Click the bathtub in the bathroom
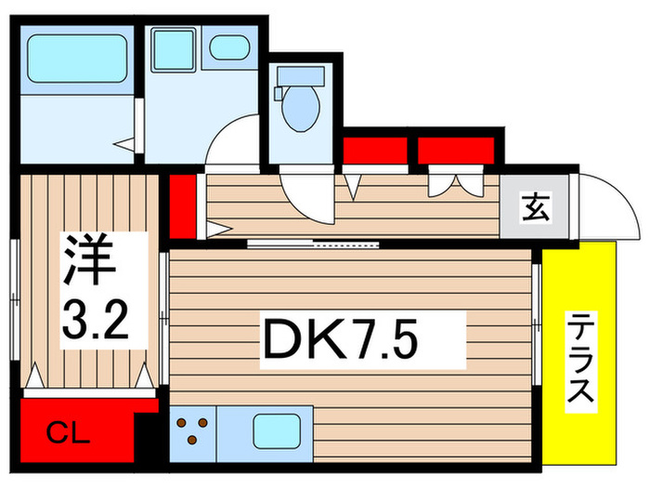pos(76,57)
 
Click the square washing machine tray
pos(173,47)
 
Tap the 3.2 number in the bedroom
pos(96,319)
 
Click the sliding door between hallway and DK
pos(316,244)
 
